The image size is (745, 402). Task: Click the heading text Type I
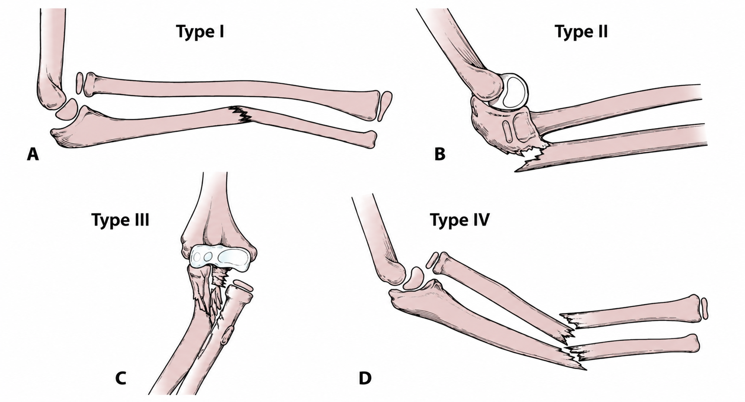tap(200, 32)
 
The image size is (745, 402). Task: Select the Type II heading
tap(581, 32)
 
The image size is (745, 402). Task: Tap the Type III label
tap(120, 220)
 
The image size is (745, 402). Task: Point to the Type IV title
tap(460, 220)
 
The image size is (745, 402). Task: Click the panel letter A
tap(33, 155)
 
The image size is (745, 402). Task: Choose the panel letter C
tap(121, 378)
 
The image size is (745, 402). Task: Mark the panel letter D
tap(365, 378)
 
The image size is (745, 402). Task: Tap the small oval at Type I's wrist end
tap(386, 106)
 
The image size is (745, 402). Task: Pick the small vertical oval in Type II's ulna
tap(508, 132)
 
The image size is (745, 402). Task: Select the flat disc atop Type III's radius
tap(243, 285)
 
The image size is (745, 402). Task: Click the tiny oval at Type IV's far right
tap(704, 309)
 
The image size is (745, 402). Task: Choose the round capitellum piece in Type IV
tap(414, 278)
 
